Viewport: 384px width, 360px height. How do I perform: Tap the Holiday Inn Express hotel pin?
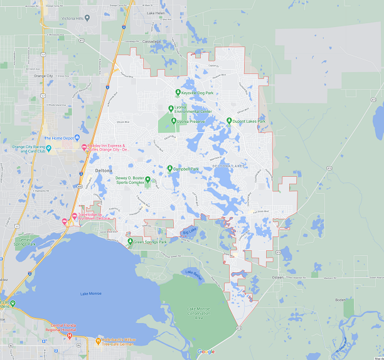84,148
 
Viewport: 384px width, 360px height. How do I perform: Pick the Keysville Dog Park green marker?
178,92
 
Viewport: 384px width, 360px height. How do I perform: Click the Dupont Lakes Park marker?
229,120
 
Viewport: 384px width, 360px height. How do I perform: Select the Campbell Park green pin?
169,169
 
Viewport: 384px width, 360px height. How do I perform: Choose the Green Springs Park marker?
130,241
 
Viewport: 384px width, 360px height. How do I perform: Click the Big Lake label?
189,233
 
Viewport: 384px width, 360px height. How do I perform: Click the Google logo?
206,352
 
